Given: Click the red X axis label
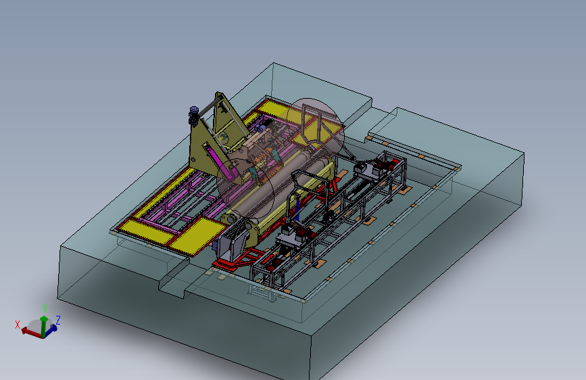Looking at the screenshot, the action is pos(17,325).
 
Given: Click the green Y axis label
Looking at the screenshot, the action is pos(45,308).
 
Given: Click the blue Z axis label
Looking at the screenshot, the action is pos(58,320).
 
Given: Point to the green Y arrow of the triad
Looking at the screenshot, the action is pos(44,326).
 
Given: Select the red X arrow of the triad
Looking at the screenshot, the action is pos(31,332).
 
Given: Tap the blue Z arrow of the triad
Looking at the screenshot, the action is pos(51,329).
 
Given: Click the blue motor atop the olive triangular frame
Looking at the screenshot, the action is pos(194,115).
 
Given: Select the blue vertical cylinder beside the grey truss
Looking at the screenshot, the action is pos(297,210).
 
